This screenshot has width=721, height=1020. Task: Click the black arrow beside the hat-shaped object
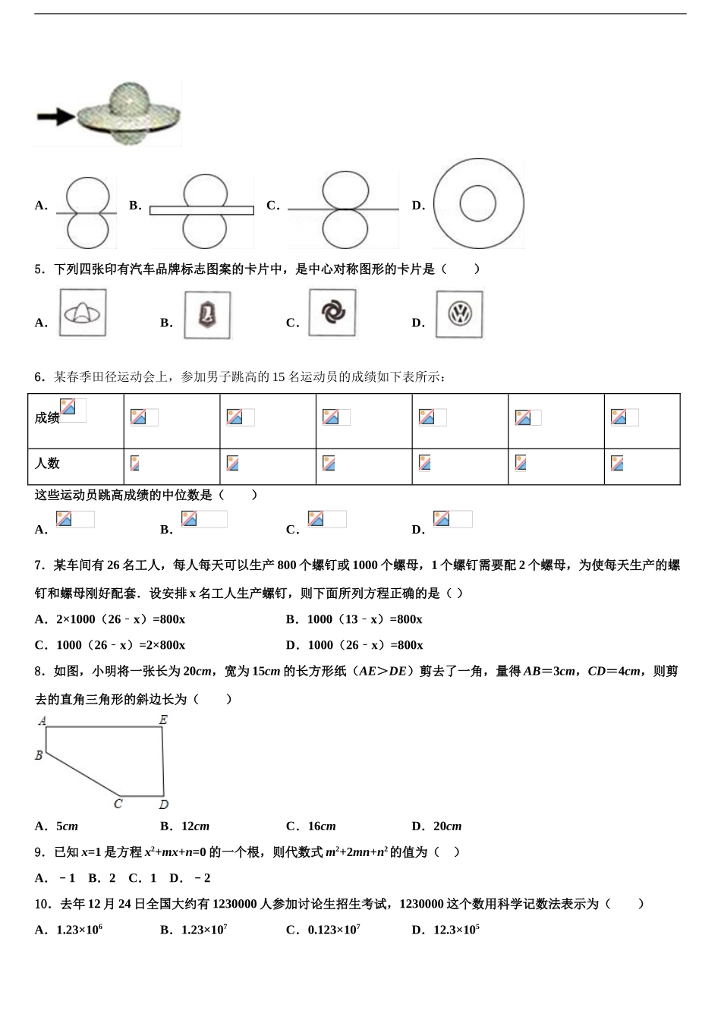tap(55, 116)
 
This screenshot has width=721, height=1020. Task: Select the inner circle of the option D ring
tap(478, 203)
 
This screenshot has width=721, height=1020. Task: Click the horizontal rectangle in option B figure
tap(201, 210)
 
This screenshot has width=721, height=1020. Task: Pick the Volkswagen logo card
tap(459, 314)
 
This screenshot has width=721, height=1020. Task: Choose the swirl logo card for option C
tap(332, 312)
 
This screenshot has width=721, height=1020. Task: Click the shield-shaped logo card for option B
tap(207, 315)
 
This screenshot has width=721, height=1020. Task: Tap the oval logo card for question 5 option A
tap(83, 313)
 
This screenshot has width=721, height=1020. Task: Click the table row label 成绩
tap(47, 417)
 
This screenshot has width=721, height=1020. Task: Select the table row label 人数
tap(47, 463)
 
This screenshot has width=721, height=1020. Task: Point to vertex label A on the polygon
tap(43, 720)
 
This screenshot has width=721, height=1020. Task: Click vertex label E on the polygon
tap(163, 719)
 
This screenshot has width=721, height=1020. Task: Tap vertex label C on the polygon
tap(118, 804)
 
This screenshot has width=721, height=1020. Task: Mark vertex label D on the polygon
tap(163, 804)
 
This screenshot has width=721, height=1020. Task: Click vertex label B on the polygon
tap(39, 755)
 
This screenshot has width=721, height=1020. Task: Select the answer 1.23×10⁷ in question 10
tap(204, 930)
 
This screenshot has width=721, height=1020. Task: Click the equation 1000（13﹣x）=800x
tap(364, 619)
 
